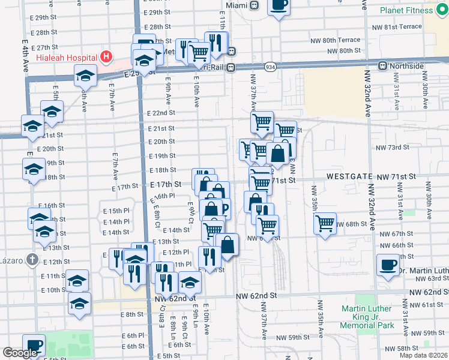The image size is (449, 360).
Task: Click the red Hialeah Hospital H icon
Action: click(106, 58)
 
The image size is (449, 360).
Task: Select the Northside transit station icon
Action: click(382, 65)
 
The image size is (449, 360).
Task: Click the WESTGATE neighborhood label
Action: click(348, 177)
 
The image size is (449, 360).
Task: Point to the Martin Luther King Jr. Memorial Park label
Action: click(376, 317)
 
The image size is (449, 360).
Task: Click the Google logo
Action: click(20, 353)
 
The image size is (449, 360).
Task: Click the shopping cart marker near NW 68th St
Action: click(325, 224)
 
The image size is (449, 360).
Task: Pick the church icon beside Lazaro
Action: click(32, 260)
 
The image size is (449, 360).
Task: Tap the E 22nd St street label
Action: click(160, 113)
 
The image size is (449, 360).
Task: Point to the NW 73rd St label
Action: click(392, 147)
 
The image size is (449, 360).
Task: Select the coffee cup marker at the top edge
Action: click(278, 5)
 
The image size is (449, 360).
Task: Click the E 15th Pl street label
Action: click(116, 211)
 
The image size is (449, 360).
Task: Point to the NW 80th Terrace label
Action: click(336, 40)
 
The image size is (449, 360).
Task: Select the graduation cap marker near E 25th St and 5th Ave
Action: click(85, 76)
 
